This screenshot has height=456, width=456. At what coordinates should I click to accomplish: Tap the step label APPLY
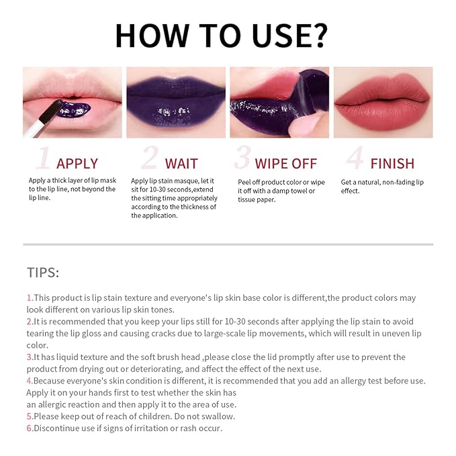coord(77,163)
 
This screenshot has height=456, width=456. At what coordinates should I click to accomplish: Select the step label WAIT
coord(181,163)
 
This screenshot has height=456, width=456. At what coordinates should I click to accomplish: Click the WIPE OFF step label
coord(286,163)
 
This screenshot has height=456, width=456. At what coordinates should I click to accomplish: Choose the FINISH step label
coord(392,163)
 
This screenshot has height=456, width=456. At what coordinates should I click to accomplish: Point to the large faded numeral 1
coord(44,158)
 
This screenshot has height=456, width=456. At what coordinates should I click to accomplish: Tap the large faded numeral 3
coord(242,158)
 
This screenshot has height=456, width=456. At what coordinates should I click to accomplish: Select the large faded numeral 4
coord(355,158)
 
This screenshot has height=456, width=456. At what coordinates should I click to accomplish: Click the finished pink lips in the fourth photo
coord(383,104)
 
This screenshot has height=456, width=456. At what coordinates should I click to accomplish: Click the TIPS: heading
coord(43,272)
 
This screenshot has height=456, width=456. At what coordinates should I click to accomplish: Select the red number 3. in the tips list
coord(30,357)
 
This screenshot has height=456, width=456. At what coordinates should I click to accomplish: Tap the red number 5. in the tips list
coord(30,416)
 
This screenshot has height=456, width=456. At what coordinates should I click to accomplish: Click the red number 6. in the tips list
coord(30,428)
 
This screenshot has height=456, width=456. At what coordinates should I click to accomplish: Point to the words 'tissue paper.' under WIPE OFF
coord(257,199)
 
